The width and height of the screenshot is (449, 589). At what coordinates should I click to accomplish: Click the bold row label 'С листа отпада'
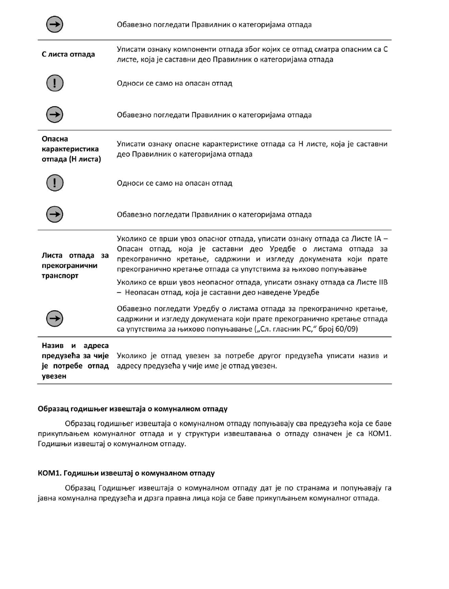point(68,55)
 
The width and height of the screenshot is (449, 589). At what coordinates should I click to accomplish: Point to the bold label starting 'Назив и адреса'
point(75,346)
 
